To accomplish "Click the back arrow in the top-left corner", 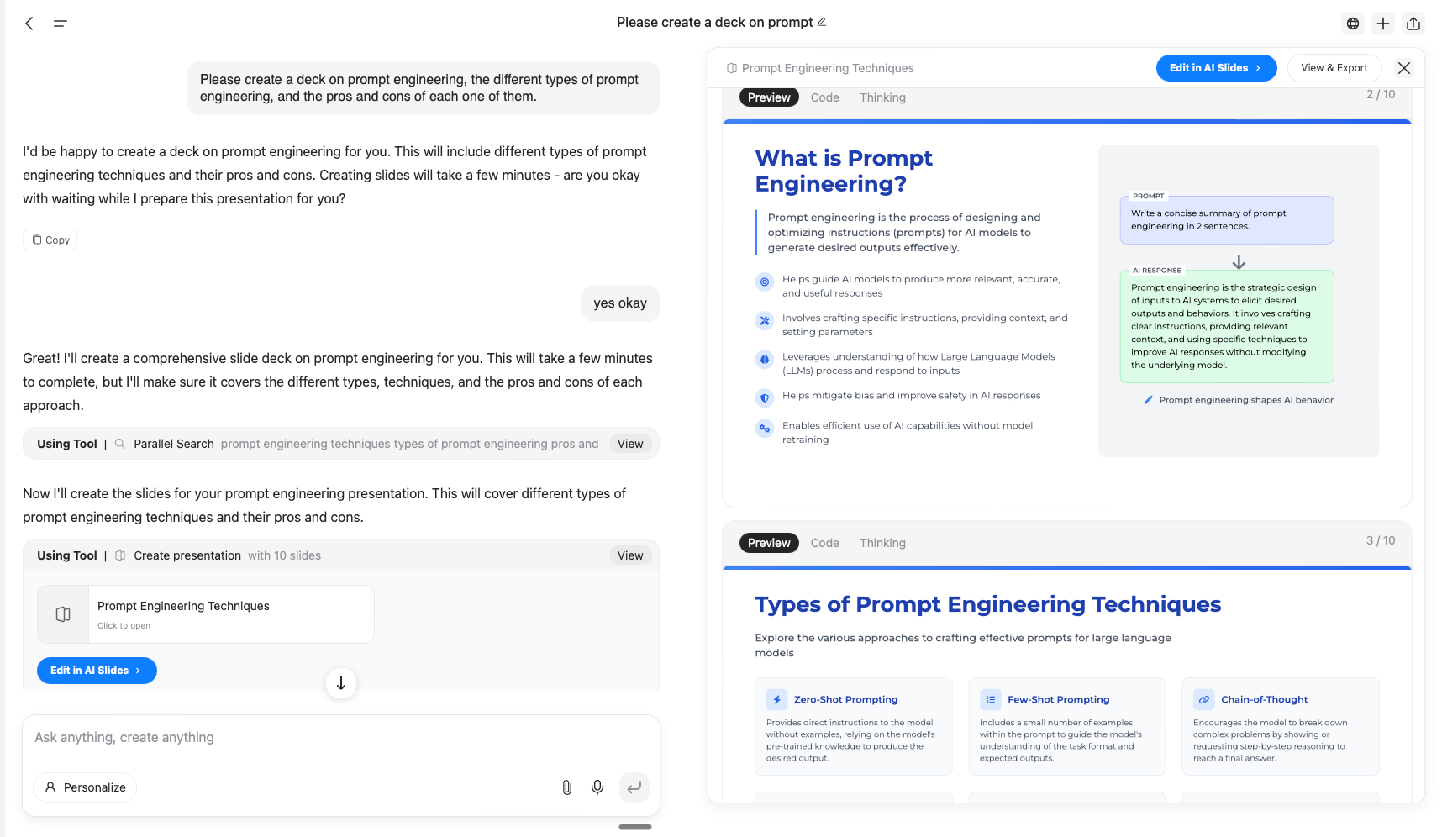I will click(29, 24).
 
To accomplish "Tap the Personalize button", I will click(85, 787).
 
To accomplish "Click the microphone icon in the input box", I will click(597, 787).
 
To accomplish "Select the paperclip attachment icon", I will click(567, 787).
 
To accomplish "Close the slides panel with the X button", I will click(1404, 68).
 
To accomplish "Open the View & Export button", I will click(1334, 68).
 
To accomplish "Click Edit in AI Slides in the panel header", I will click(1215, 68).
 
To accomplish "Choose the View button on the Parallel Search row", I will click(630, 444).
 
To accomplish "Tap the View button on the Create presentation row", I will click(630, 555).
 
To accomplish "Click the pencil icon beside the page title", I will click(822, 22).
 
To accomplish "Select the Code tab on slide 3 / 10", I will click(824, 543).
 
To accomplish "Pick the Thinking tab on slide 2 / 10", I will click(882, 97).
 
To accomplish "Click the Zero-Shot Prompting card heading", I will click(845, 699).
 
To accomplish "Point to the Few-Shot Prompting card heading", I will click(1058, 699).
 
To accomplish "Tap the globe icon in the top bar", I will click(1353, 24).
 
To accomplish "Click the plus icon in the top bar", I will click(1383, 24).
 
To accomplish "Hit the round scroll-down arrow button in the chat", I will click(341, 683).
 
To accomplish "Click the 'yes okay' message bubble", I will click(620, 303).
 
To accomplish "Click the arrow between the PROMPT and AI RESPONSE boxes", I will click(1239, 262).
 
